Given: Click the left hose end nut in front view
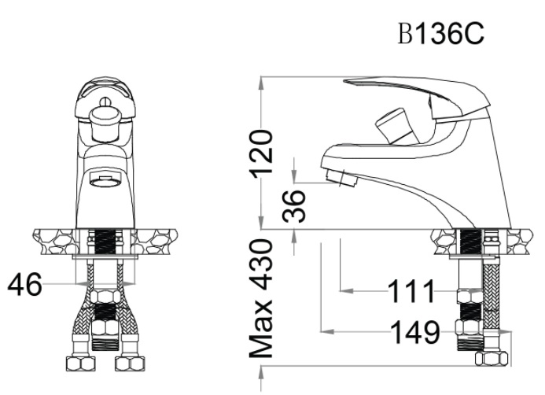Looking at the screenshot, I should [x=79, y=364].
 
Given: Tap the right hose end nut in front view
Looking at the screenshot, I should [x=126, y=364].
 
